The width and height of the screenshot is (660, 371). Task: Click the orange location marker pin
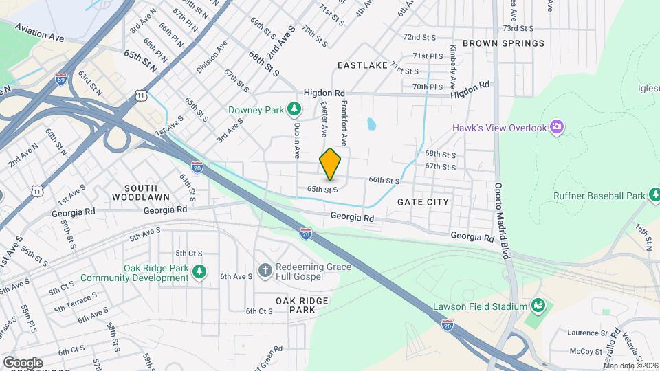point(331,164)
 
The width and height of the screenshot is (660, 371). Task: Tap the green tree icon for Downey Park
point(294,109)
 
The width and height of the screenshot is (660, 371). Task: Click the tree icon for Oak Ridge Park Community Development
point(199,272)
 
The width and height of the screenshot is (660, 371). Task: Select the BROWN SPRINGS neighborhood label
point(503,43)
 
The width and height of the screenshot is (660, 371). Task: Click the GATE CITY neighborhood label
point(423,202)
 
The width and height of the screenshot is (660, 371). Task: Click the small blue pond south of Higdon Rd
point(371,124)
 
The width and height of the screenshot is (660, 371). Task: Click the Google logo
point(22,362)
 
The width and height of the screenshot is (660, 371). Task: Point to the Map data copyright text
point(629,366)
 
